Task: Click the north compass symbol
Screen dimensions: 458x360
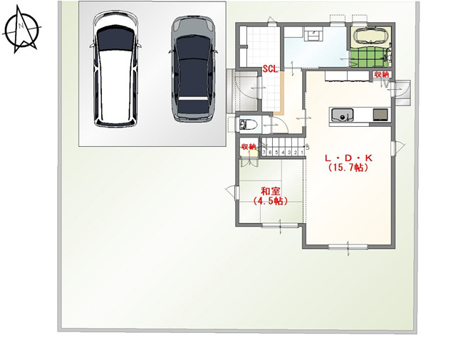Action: pyautogui.click(x=21, y=29)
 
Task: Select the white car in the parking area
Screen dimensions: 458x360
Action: pyautogui.click(x=115, y=68)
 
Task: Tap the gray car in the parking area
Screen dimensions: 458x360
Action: pyautogui.click(x=193, y=69)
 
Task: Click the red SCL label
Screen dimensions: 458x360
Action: pyautogui.click(x=270, y=69)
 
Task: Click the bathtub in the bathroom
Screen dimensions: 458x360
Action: pyautogui.click(x=370, y=36)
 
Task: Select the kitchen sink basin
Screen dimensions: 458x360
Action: pyautogui.click(x=342, y=115)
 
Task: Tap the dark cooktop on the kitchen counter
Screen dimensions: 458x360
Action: pyautogui.click(x=380, y=114)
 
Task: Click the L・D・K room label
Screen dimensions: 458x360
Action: pyautogui.click(x=348, y=158)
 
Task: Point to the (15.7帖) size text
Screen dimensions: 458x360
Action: pyautogui.click(x=348, y=168)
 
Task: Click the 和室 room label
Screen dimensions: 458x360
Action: pyautogui.click(x=271, y=192)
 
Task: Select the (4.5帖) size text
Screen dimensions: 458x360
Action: pyautogui.click(x=271, y=201)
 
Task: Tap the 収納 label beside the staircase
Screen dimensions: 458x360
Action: pyautogui.click(x=249, y=146)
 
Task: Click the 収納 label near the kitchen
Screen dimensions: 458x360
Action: pyautogui.click(x=382, y=75)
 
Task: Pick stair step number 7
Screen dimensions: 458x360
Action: pyautogui.click(x=264, y=153)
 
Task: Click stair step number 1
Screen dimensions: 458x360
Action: pyautogui.click(x=302, y=153)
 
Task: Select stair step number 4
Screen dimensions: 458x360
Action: pyautogui.click(x=283, y=153)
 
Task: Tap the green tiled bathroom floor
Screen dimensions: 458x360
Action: pyautogui.click(x=369, y=57)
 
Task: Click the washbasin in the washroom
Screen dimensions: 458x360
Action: pyautogui.click(x=313, y=34)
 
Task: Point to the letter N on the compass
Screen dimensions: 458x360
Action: pyautogui.click(x=21, y=26)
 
